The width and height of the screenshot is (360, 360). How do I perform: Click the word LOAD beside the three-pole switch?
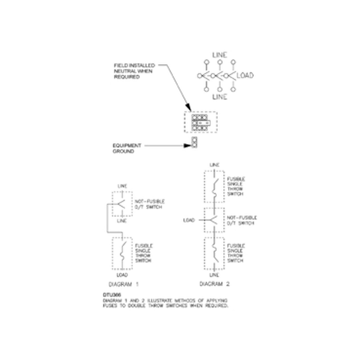pyautogui.click(x=245, y=75)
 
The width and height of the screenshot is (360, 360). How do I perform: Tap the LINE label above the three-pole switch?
pyautogui.click(x=220, y=55)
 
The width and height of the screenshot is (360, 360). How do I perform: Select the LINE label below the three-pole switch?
pyautogui.click(x=220, y=97)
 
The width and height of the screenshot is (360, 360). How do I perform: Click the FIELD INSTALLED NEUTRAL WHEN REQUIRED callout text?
pyautogui.click(x=134, y=71)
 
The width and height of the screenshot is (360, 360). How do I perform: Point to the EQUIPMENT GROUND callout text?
pyautogui.click(x=127, y=148)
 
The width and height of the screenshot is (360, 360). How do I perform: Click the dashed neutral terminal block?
pyautogui.click(x=200, y=122)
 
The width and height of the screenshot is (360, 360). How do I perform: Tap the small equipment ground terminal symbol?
pyautogui.click(x=194, y=142)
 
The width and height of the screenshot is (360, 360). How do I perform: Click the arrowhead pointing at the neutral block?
pyautogui.click(x=188, y=108)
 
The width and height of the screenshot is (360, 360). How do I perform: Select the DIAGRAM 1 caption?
pyautogui.click(x=124, y=284)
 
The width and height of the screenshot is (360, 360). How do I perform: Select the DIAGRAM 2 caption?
pyautogui.click(x=214, y=284)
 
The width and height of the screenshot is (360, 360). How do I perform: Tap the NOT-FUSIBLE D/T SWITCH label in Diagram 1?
pyautogui.click(x=149, y=204)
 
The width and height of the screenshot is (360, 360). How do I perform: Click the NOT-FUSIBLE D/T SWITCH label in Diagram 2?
pyautogui.click(x=242, y=220)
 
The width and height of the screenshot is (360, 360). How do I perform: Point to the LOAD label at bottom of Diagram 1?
pyautogui.click(x=122, y=275)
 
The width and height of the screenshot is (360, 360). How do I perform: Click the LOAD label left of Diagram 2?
pyautogui.click(x=189, y=220)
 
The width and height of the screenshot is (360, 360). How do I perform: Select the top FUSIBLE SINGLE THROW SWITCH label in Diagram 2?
pyautogui.click(x=236, y=186)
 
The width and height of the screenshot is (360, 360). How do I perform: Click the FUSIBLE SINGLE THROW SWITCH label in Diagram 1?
pyautogui.click(x=144, y=253)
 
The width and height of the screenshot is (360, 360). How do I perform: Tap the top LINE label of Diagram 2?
pyautogui.click(x=214, y=165)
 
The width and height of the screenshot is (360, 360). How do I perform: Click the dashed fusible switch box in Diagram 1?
pyautogui.click(x=122, y=253)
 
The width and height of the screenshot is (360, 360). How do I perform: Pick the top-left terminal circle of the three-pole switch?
pyautogui.click(x=206, y=62)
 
